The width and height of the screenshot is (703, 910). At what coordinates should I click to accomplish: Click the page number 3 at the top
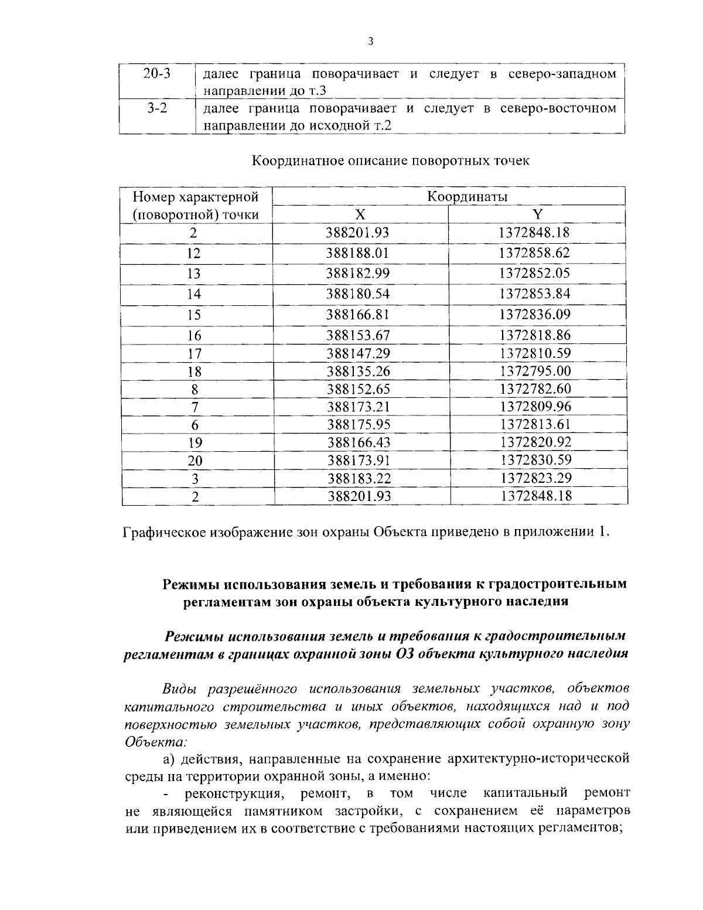click(370, 41)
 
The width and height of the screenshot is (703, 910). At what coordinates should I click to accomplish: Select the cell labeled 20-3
click(156, 74)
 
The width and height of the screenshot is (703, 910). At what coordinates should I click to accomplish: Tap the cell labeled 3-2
click(156, 108)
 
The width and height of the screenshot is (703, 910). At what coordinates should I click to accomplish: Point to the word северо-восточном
click(558, 108)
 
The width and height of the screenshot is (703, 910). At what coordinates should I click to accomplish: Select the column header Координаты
click(467, 196)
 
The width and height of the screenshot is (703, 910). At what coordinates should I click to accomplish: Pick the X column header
click(361, 214)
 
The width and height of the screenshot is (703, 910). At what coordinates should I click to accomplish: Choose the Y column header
click(537, 214)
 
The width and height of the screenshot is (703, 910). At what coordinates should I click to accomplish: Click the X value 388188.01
click(358, 253)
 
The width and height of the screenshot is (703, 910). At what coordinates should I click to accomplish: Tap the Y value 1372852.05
click(534, 273)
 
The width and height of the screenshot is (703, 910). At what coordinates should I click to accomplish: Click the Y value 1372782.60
click(535, 389)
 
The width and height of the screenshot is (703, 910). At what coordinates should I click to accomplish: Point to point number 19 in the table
click(194, 443)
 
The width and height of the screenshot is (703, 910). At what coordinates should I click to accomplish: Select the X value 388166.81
click(358, 315)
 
